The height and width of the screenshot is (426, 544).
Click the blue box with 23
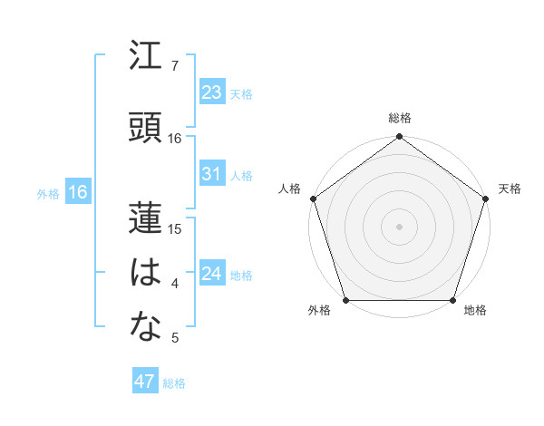[212, 92]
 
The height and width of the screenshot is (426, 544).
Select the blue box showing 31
[212, 174]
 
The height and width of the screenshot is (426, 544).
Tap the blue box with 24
[212, 274]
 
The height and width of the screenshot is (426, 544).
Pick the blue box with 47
[145, 382]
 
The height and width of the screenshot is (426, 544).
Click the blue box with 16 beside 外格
[77, 192]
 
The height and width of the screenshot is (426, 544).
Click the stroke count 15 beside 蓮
[175, 228]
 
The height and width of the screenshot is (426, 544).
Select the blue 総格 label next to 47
[174, 383]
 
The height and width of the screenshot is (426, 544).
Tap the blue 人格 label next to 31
[241, 175]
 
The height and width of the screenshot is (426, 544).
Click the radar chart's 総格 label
[400, 118]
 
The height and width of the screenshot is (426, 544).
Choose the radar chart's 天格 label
[510, 189]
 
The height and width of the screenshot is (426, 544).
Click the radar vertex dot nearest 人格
[314, 198]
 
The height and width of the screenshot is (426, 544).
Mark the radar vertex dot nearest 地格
[452, 299]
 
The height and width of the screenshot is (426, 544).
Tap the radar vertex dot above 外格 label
[346, 299]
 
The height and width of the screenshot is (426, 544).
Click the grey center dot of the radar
[400, 226]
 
